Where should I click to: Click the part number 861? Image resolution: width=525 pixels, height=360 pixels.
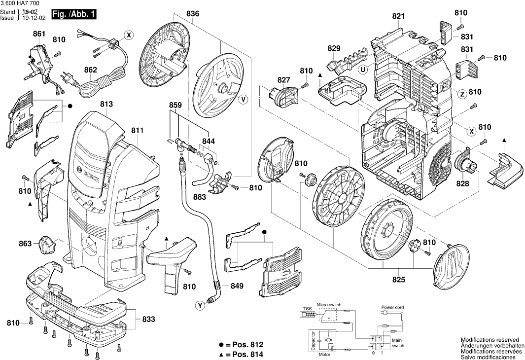pyautogui.click(x=39, y=34)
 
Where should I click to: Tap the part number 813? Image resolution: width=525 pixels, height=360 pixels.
pyautogui.click(x=106, y=104)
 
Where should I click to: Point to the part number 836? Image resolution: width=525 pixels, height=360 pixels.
pyautogui.click(x=193, y=14)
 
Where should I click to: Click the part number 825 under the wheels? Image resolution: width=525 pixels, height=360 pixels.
pyautogui.click(x=398, y=280)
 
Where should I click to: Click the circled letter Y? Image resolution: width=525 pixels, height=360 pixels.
pyautogui.click(x=200, y=306)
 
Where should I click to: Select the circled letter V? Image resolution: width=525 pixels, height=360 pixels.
pyautogui.click(x=243, y=100)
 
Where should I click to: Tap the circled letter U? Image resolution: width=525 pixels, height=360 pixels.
pyautogui.click(x=363, y=70)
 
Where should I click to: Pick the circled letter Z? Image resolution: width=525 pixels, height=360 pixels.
pyautogui.click(x=462, y=94)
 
